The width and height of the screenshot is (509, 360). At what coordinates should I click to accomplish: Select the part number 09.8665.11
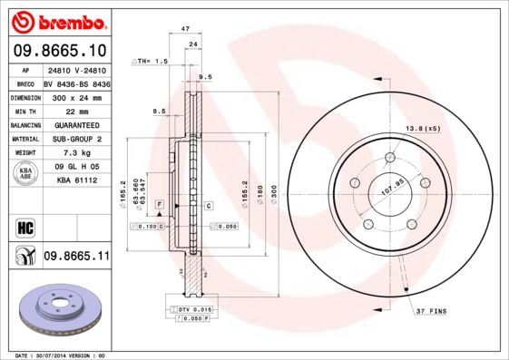click(x=76, y=258)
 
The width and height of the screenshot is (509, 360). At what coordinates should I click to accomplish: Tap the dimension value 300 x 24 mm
click(x=75, y=96)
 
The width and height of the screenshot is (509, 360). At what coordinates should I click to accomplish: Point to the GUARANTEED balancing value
click(x=76, y=124)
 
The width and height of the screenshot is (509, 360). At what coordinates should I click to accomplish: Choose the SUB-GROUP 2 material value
click(x=77, y=139)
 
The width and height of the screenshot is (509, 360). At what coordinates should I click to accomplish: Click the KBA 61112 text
click(x=76, y=181)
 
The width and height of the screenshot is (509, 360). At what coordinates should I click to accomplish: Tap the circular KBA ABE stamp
click(x=25, y=172)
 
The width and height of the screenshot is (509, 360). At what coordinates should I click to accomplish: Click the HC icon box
click(x=24, y=226)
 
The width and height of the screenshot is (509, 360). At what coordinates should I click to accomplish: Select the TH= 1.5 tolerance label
click(x=152, y=61)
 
